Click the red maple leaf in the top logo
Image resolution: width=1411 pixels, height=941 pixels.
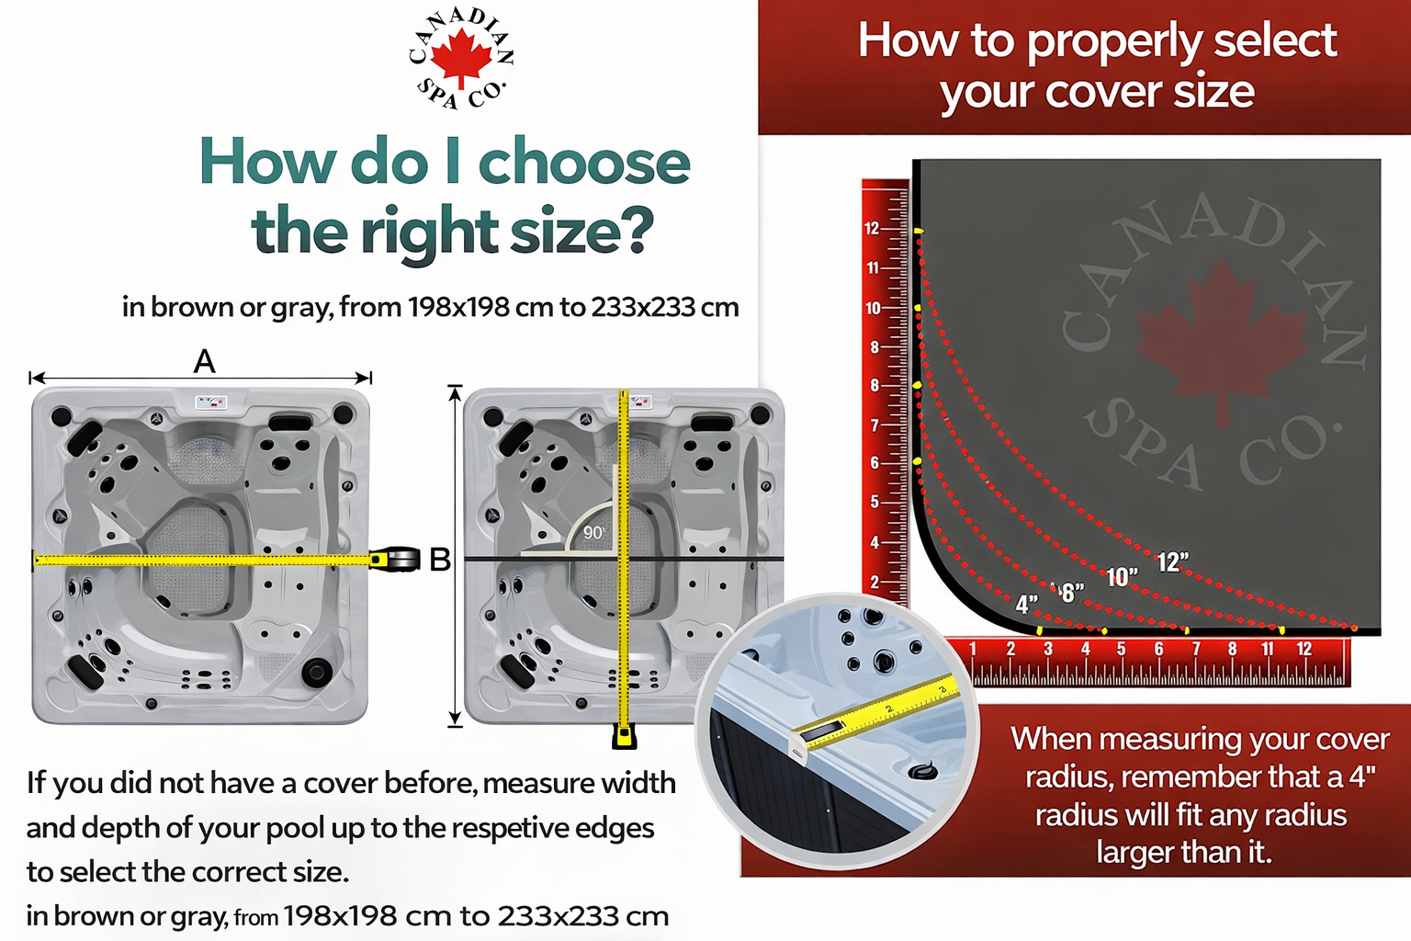pyautogui.click(x=461, y=58)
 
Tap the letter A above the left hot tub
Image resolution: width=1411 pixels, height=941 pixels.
pyautogui.click(x=204, y=362)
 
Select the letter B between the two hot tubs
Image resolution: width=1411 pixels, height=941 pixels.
pyautogui.click(x=440, y=560)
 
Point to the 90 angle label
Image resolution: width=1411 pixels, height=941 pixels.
pyautogui.click(x=593, y=533)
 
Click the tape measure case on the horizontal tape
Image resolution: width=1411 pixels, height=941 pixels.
pyautogui.click(x=396, y=559)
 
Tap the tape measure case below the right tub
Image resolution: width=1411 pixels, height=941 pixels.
pyautogui.click(x=624, y=736)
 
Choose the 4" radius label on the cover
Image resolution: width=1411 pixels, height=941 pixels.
pyautogui.click(x=1026, y=605)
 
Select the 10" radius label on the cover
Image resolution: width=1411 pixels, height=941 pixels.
pyautogui.click(x=1122, y=577)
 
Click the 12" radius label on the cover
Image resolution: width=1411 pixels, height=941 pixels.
pyautogui.click(x=1173, y=562)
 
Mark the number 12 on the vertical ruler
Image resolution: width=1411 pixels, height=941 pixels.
pyautogui.click(x=872, y=228)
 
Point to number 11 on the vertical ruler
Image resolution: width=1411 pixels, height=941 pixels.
pyautogui.click(x=873, y=268)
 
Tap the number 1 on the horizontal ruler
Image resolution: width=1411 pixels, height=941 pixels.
pyautogui.click(x=973, y=649)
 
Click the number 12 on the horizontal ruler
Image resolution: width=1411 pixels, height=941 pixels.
pyautogui.click(x=1304, y=649)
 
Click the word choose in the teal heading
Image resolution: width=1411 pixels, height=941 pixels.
pyautogui.click(x=584, y=163)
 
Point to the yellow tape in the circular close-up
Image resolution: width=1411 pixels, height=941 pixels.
pyautogui.click(x=875, y=712)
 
